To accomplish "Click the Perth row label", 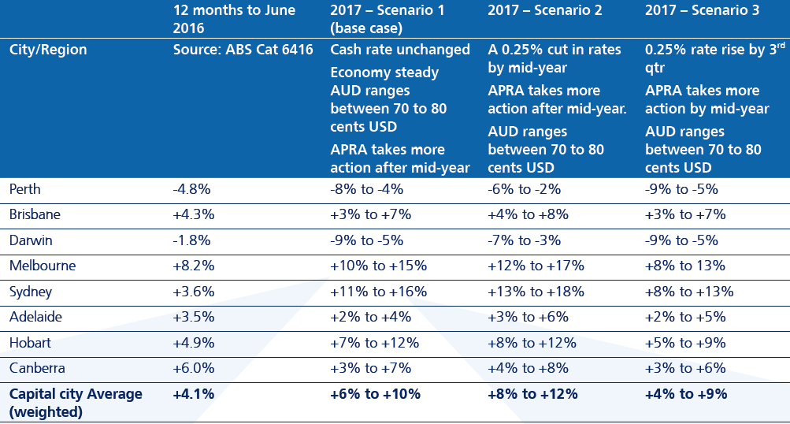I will [25, 189].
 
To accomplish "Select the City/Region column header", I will [48, 50].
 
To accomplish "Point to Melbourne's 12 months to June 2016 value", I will [192, 266].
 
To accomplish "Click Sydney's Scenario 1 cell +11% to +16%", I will [378, 292].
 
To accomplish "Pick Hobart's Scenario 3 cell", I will [681, 343].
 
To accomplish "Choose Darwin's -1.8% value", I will [191, 240].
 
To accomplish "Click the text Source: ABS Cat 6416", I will [243, 50].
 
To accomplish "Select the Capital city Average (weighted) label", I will [76, 401].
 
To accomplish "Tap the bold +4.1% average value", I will [194, 394].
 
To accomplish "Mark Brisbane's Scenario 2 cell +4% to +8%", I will [528, 214].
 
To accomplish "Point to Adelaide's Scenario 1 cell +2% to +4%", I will [370, 317].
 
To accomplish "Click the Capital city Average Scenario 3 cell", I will [685, 394].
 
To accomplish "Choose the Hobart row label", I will [30, 343].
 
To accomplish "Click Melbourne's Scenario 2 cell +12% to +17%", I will [536, 266].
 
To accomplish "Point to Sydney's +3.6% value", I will [192, 292].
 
